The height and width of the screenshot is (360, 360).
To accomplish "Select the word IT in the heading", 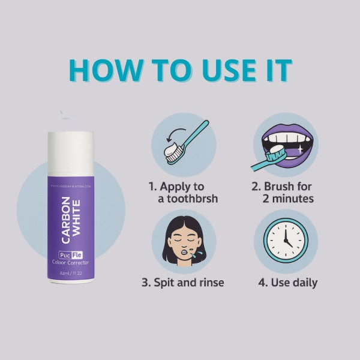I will pos(278,71).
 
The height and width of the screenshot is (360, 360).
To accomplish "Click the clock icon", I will pos(285,241).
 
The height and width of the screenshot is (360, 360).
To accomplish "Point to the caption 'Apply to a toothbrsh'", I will pos(182,192).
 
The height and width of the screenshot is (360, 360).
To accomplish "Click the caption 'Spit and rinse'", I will pos(182,281).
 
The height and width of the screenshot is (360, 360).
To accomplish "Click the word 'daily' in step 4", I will pos(304,281).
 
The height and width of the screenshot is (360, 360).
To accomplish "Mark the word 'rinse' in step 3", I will pos(208,281).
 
